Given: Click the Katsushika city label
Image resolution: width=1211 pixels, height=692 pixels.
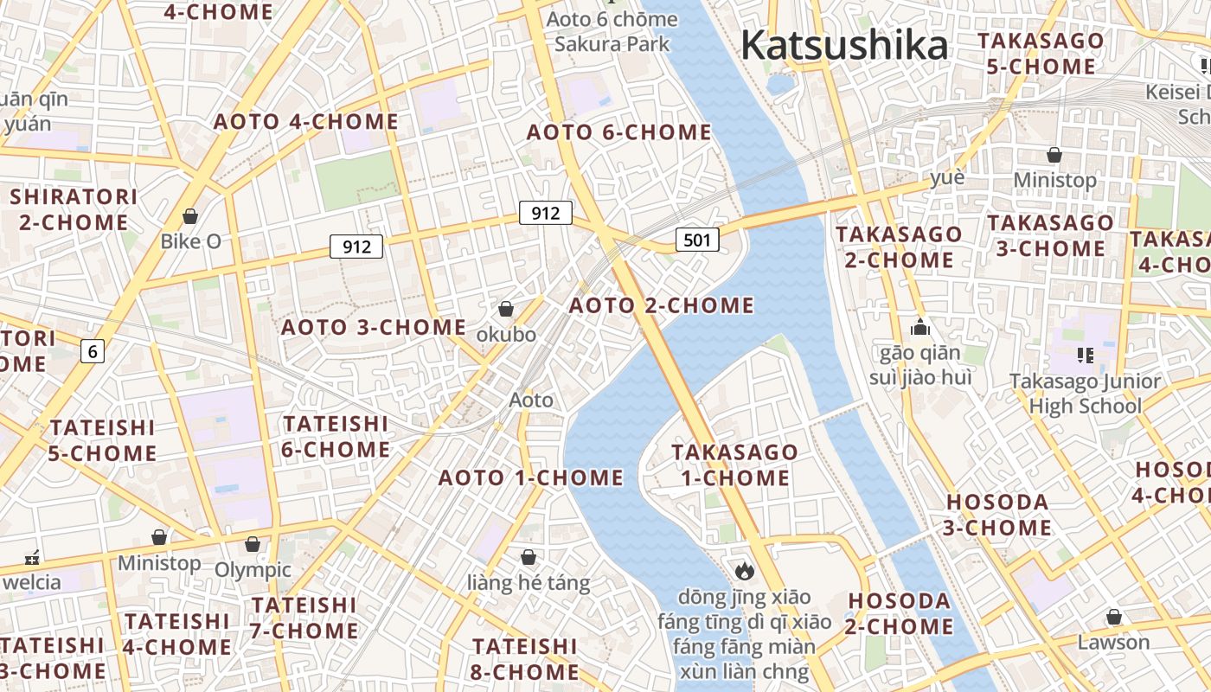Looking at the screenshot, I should [x=844, y=45].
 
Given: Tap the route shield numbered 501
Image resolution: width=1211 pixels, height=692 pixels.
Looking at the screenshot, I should [x=697, y=240].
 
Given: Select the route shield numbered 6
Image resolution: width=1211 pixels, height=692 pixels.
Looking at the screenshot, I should [x=93, y=351].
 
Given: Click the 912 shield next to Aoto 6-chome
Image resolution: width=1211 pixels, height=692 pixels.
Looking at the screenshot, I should [x=546, y=213].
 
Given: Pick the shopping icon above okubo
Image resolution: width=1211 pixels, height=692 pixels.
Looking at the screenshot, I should [x=506, y=309].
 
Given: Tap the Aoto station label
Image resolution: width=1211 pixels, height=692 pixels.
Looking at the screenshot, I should [x=531, y=400].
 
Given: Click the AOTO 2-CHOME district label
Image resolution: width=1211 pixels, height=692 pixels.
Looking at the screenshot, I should [x=661, y=305].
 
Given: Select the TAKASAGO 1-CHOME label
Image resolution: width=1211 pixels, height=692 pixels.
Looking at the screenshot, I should [x=734, y=465].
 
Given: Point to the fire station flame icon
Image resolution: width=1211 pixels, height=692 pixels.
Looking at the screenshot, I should [x=744, y=571].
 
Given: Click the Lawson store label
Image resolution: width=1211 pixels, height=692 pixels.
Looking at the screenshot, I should [x=1113, y=643].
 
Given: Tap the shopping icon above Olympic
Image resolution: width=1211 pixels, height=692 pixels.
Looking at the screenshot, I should [x=253, y=544].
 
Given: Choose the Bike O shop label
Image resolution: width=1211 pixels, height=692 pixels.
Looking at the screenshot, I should [x=190, y=241].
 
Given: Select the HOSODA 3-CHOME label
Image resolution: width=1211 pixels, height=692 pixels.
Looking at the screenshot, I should [x=998, y=515].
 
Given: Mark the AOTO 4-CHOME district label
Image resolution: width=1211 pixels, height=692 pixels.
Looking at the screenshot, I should [x=306, y=122].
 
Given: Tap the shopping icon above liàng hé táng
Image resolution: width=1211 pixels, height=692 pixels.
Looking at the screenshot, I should [x=529, y=557].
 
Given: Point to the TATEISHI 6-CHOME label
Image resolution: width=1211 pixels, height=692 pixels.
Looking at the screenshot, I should [x=336, y=437].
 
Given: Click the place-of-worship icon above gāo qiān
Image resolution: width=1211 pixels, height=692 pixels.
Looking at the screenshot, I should [x=919, y=328].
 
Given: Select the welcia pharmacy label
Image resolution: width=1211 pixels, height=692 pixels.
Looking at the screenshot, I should [x=32, y=581].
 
